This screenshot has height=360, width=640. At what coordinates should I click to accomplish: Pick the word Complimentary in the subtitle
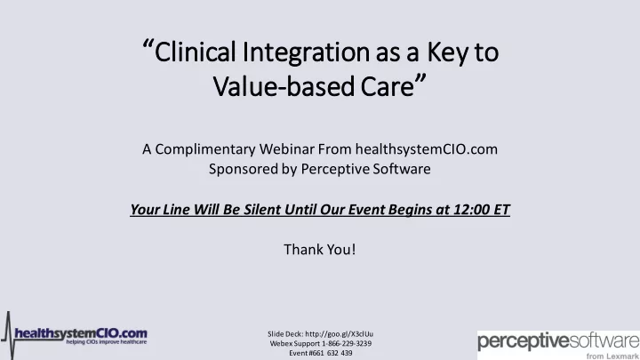(x=205, y=149)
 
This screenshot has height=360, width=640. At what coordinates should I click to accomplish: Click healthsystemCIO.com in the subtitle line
(x=426, y=149)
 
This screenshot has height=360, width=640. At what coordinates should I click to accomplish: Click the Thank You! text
(x=320, y=250)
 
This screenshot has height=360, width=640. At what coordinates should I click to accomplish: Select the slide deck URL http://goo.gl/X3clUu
(x=340, y=334)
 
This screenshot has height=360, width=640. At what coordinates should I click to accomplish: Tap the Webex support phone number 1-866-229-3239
(x=347, y=343)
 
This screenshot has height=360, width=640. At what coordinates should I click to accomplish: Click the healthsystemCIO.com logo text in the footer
(x=81, y=333)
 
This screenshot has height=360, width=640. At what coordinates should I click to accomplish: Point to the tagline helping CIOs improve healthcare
(x=107, y=342)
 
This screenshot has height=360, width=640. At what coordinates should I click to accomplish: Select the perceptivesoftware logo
(x=558, y=340)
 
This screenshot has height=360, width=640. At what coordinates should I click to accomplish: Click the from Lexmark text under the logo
(x=612, y=356)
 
